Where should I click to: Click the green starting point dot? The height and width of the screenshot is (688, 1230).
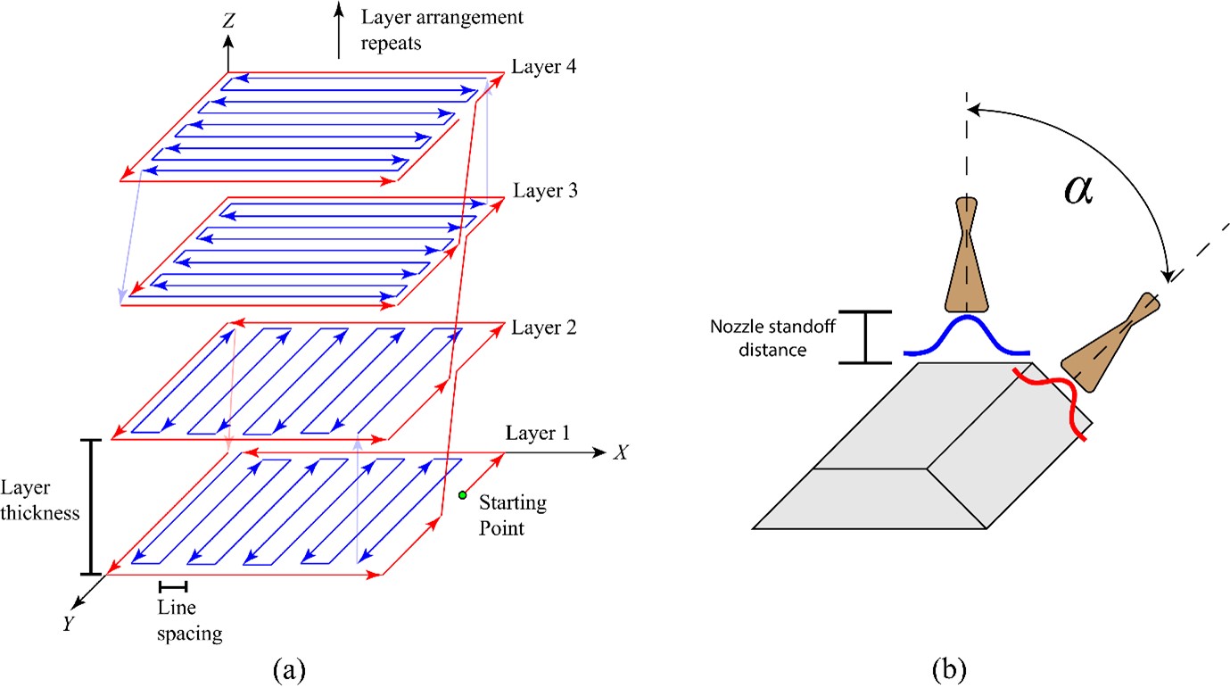click(x=462, y=495)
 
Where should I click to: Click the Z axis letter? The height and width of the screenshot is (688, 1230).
click(x=228, y=21)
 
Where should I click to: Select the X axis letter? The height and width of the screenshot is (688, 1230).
click(x=622, y=452)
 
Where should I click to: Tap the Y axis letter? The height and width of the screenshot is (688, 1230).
click(x=67, y=624)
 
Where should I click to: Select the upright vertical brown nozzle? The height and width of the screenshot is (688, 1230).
click(x=967, y=259)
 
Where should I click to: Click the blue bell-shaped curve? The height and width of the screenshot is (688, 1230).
click(x=966, y=337)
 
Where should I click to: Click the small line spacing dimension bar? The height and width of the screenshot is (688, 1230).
click(x=173, y=586)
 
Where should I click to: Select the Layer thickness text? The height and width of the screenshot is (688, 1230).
click(x=41, y=501)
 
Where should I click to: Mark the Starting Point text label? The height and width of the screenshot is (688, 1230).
click(x=512, y=516)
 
